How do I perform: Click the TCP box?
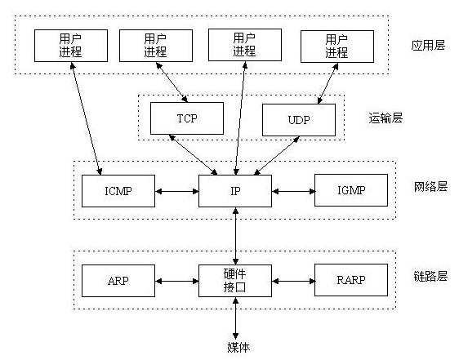186,118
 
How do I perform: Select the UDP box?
298,119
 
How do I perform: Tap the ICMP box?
118,191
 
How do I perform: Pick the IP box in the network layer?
235,191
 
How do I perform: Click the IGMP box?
350,191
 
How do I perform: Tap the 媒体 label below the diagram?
236,347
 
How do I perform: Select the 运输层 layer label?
386,118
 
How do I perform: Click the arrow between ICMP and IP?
176,191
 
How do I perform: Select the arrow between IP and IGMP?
293,191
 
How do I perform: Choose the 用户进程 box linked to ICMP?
70,45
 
